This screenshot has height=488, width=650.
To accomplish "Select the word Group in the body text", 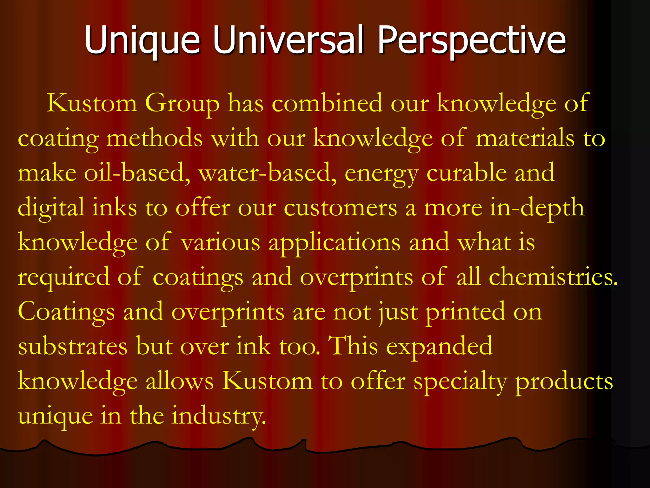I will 182,104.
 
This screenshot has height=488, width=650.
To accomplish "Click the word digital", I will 51,208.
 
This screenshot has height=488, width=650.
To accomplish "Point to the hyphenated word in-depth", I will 537,208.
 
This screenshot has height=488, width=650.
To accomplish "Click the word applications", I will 335,243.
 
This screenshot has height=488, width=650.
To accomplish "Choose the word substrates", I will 73,346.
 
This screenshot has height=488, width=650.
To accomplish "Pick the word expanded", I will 439,347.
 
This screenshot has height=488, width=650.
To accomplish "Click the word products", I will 564,381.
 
